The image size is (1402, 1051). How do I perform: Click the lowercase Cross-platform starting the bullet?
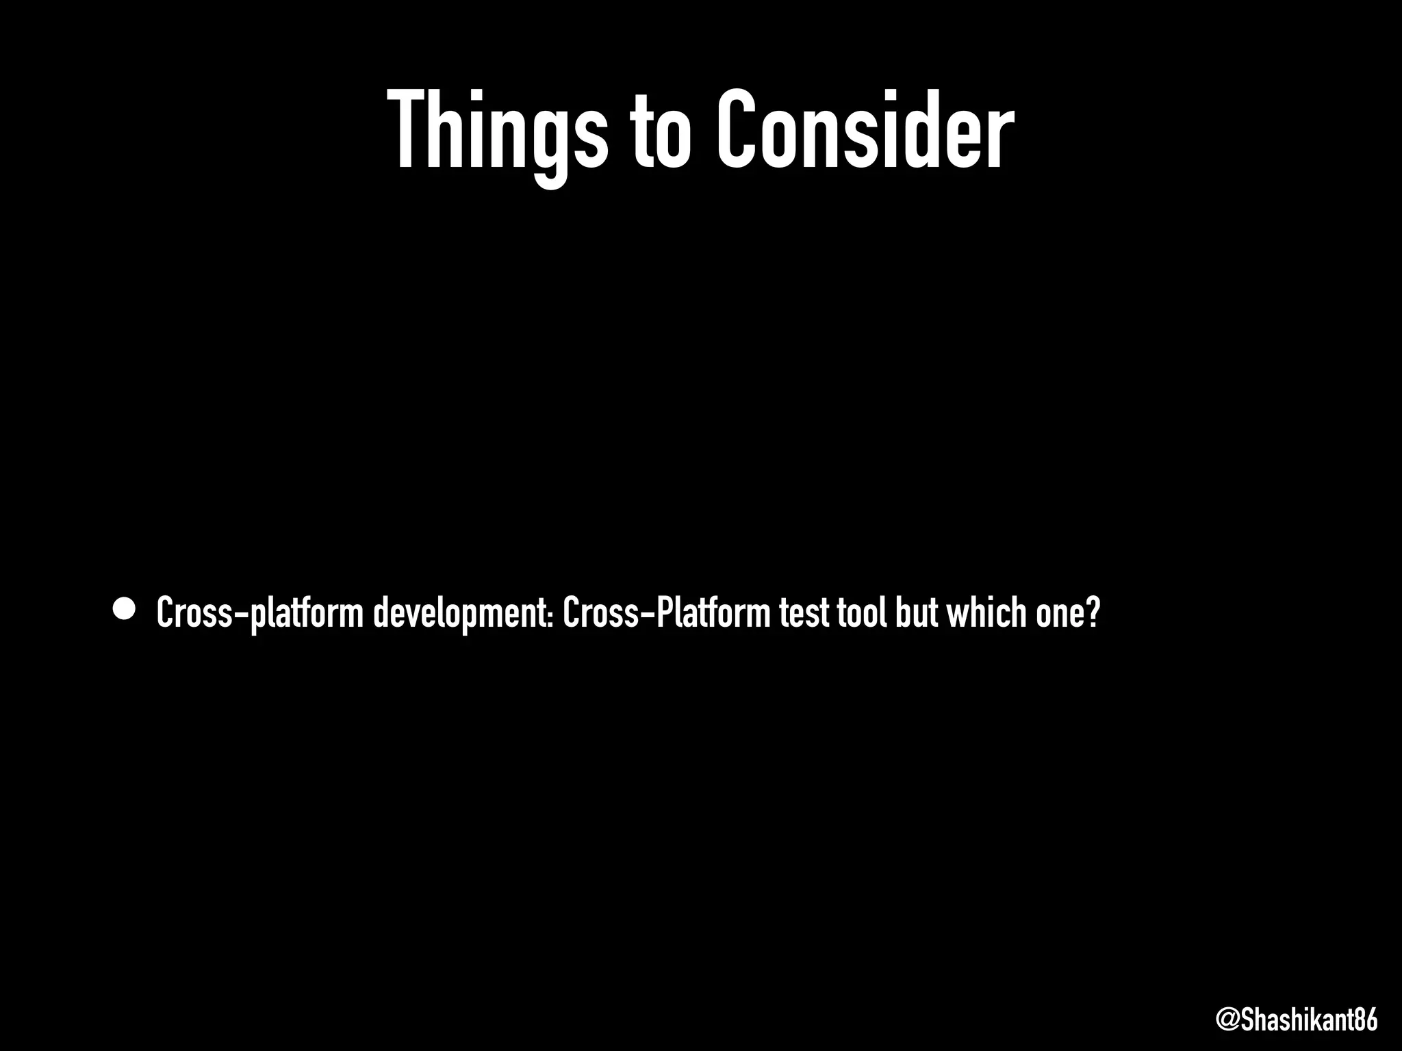[x=259, y=612]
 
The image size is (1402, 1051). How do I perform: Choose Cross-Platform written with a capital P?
[x=667, y=612]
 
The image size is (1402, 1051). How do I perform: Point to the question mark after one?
[x=1093, y=612]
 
